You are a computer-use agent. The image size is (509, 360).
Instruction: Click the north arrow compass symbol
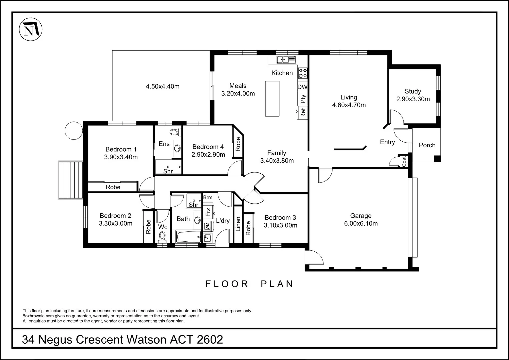tap(31, 29)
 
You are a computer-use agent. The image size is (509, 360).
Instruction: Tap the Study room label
tap(413, 91)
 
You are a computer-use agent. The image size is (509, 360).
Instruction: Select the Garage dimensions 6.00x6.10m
tap(361, 224)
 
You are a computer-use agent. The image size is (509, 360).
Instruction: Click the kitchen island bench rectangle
tap(272, 99)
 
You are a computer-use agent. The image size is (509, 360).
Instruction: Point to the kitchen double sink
tap(286, 60)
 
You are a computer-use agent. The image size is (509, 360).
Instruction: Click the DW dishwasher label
tap(302, 87)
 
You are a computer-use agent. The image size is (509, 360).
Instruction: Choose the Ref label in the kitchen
tap(303, 113)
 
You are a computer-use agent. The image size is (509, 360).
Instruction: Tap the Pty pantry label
tap(303, 99)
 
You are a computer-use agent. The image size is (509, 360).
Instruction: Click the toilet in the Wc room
tap(162, 237)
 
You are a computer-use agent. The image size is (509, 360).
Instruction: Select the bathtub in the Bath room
tap(188, 237)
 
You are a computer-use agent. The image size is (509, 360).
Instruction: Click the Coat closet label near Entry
tap(404, 162)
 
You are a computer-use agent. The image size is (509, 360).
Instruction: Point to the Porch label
tap(427, 145)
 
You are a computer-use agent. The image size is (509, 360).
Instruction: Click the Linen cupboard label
tap(238, 224)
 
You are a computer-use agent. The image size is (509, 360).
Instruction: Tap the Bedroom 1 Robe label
tap(113, 187)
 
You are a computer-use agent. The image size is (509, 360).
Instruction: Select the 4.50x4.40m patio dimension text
tap(163, 86)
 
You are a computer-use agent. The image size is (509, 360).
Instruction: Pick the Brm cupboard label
tap(208, 197)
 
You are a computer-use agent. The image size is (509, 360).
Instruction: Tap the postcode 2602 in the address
tap(210, 340)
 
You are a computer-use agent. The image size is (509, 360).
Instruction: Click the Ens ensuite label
tap(164, 144)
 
